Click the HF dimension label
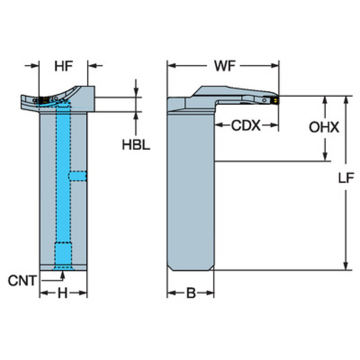tap(63, 67)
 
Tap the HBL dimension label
tap(136, 145)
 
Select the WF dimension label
tap(225, 66)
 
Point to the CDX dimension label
tap(245, 125)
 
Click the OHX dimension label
tap(323, 127)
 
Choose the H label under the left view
tap(62, 294)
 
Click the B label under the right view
tap(191, 294)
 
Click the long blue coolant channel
tap(63, 178)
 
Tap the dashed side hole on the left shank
tap(78, 176)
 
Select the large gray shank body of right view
tap(191, 188)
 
